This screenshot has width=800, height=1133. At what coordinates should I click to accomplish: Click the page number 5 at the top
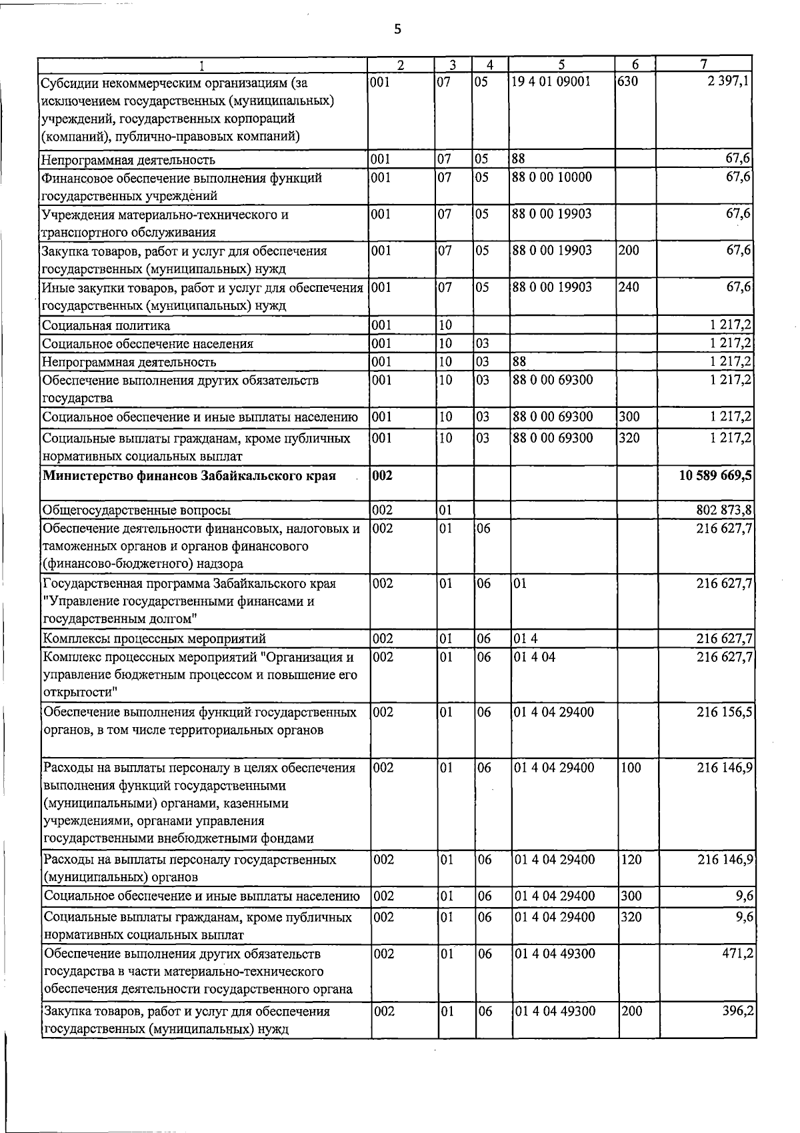point(397,29)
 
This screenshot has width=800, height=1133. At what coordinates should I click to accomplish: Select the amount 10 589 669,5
point(715,476)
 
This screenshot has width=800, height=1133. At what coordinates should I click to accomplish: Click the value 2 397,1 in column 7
point(730,83)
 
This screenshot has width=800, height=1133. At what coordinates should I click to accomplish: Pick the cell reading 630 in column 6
point(628,83)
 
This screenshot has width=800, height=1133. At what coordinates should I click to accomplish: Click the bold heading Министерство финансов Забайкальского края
point(189,476)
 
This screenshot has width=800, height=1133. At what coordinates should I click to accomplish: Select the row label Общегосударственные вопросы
point(137,511)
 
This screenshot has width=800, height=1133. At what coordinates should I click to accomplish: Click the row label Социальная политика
point(106,325)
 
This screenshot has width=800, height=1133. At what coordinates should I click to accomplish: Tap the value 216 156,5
point(725,712)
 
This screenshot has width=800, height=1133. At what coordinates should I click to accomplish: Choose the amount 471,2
point(738,954)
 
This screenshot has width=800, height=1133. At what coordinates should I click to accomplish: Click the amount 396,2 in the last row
point(738,1011)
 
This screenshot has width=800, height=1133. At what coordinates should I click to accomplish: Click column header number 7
point(704,65)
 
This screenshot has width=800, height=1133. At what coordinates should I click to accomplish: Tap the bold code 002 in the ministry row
point(384,476)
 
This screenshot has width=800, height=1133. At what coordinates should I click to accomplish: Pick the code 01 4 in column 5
point(525,638)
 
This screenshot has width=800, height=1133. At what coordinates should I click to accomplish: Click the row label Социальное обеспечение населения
point(147,344)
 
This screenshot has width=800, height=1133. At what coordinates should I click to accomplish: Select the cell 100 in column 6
point(630,768)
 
